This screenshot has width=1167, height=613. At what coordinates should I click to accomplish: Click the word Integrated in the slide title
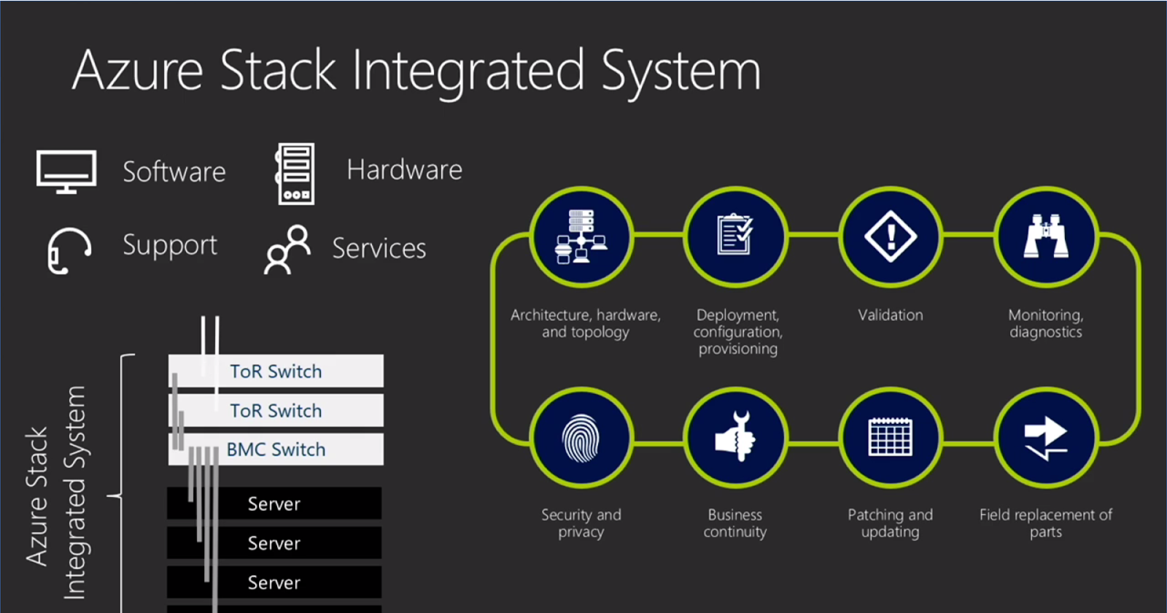(468, 71)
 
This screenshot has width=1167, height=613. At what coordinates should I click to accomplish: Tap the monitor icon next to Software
(66, 171)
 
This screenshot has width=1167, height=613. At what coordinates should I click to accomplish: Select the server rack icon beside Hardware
(295, 174)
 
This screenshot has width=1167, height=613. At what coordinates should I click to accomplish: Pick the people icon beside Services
(287, 250)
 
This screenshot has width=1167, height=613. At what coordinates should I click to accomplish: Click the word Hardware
(404, 170)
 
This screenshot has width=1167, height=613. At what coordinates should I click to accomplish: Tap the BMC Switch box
(276, 450)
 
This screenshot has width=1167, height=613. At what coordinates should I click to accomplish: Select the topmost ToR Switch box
(276, 371)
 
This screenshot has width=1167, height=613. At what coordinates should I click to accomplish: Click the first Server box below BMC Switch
(274, 504)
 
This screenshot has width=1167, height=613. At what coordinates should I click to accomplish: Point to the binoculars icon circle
(1045, 236)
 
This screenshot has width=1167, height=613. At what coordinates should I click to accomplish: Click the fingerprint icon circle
(581, 438)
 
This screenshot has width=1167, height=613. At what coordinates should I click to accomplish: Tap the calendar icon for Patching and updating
(890, 438)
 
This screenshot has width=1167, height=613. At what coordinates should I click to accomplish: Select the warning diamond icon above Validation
(890, 236)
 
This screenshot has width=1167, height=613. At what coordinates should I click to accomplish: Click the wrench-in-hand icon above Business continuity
(735, 438)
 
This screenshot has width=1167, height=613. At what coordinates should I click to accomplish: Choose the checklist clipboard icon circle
(735, 236)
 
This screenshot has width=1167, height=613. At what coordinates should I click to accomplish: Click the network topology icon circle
(581, 236)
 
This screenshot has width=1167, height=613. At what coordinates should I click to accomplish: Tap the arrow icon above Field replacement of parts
(1045, 438)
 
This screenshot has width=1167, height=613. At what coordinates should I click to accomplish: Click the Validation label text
(890, 315)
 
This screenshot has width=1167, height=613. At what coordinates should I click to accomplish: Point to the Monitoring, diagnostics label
(1045, 323)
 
